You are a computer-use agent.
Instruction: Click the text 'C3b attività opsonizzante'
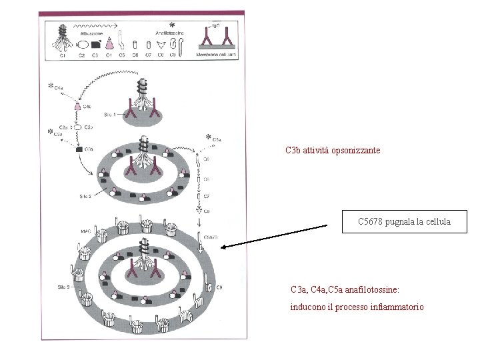(x=333, y=151)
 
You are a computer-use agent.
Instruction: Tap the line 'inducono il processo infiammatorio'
(x=357, y=307)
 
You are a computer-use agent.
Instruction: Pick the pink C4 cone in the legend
(x=107, y=43)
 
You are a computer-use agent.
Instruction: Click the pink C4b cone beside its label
(x=79, y=107)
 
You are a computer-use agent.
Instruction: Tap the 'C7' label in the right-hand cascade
(x=207, y=196)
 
